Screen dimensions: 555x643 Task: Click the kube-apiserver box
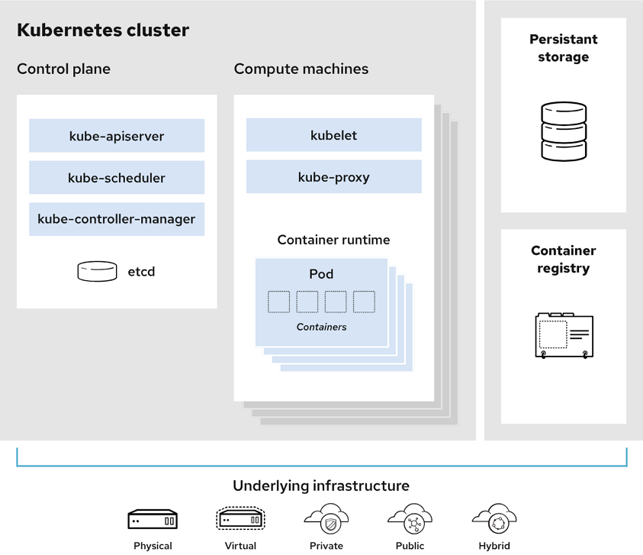tap(117, 136)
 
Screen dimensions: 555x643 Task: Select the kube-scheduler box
tap(117, 177)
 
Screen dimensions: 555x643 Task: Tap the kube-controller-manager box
tap(117, 219)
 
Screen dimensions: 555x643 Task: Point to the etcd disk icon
tap(97, 271)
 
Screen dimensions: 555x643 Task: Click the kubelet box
tap(333, 135)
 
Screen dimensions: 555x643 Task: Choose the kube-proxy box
tap(333, 177)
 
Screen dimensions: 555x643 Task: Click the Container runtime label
tap(333, 240)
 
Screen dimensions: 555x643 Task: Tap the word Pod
tap(321, 274)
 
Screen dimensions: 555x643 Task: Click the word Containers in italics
tap(321, 327)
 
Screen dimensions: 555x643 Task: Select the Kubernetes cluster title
tap(103, 31)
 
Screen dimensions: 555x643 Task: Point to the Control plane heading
tap(63, 69)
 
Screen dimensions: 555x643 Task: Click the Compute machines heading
tap(301, 69)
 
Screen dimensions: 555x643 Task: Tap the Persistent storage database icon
tap(564, 131)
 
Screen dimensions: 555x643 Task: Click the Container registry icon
tap(564, 335)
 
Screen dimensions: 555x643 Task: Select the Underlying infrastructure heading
tap(321, 486)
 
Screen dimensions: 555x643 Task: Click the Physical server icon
tap(153, 520)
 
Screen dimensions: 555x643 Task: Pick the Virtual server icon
tap(240, 520)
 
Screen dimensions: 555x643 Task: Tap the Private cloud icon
tap(326, 519)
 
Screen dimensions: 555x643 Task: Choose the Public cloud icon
tap(410, 519)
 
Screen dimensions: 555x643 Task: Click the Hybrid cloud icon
tap(494, 519)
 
